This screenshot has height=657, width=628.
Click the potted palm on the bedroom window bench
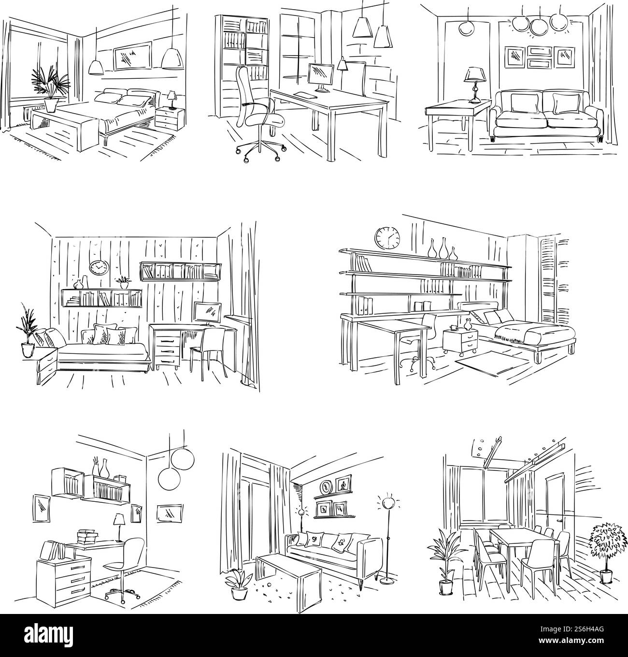(49, 89)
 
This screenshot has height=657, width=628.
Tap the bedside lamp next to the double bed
(171, 100)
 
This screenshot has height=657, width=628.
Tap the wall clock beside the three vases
(388, 238)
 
